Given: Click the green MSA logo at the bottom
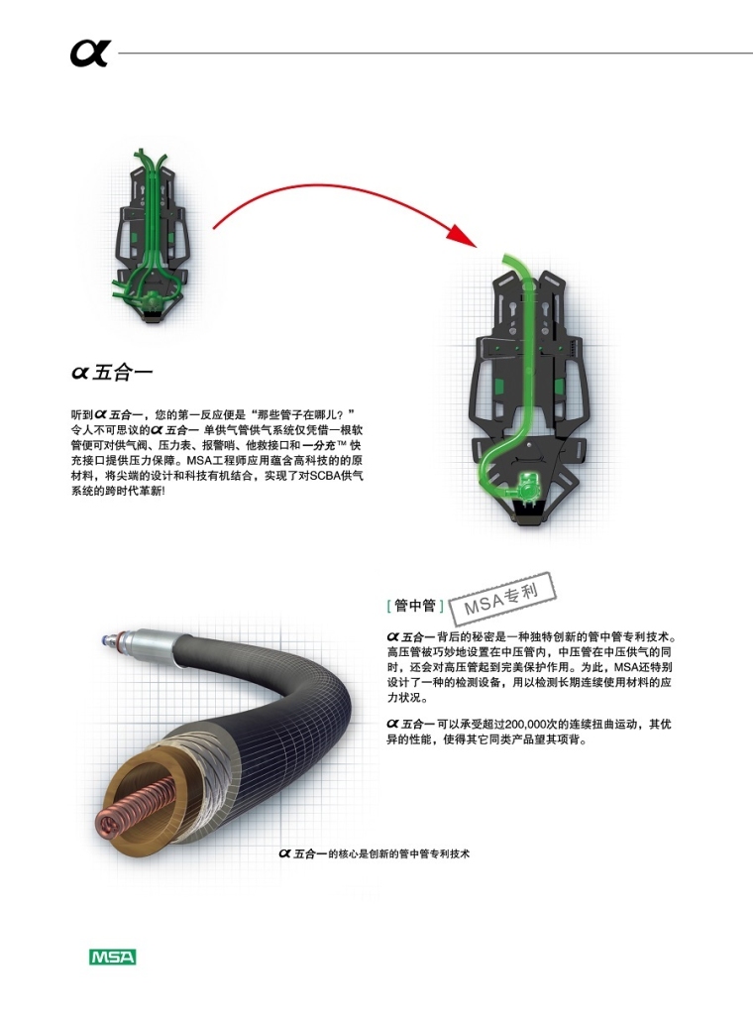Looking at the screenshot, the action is [113, 957].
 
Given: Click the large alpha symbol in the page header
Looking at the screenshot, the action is [90, 54].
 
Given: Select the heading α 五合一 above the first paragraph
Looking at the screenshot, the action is [112, 372].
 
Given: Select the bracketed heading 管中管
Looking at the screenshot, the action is [415, 606].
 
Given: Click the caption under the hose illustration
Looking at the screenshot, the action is [374, 853].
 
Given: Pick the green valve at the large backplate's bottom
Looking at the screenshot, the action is [526, 485].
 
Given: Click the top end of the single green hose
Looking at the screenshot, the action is [510, 257].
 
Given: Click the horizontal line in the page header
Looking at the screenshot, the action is [435, 53].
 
